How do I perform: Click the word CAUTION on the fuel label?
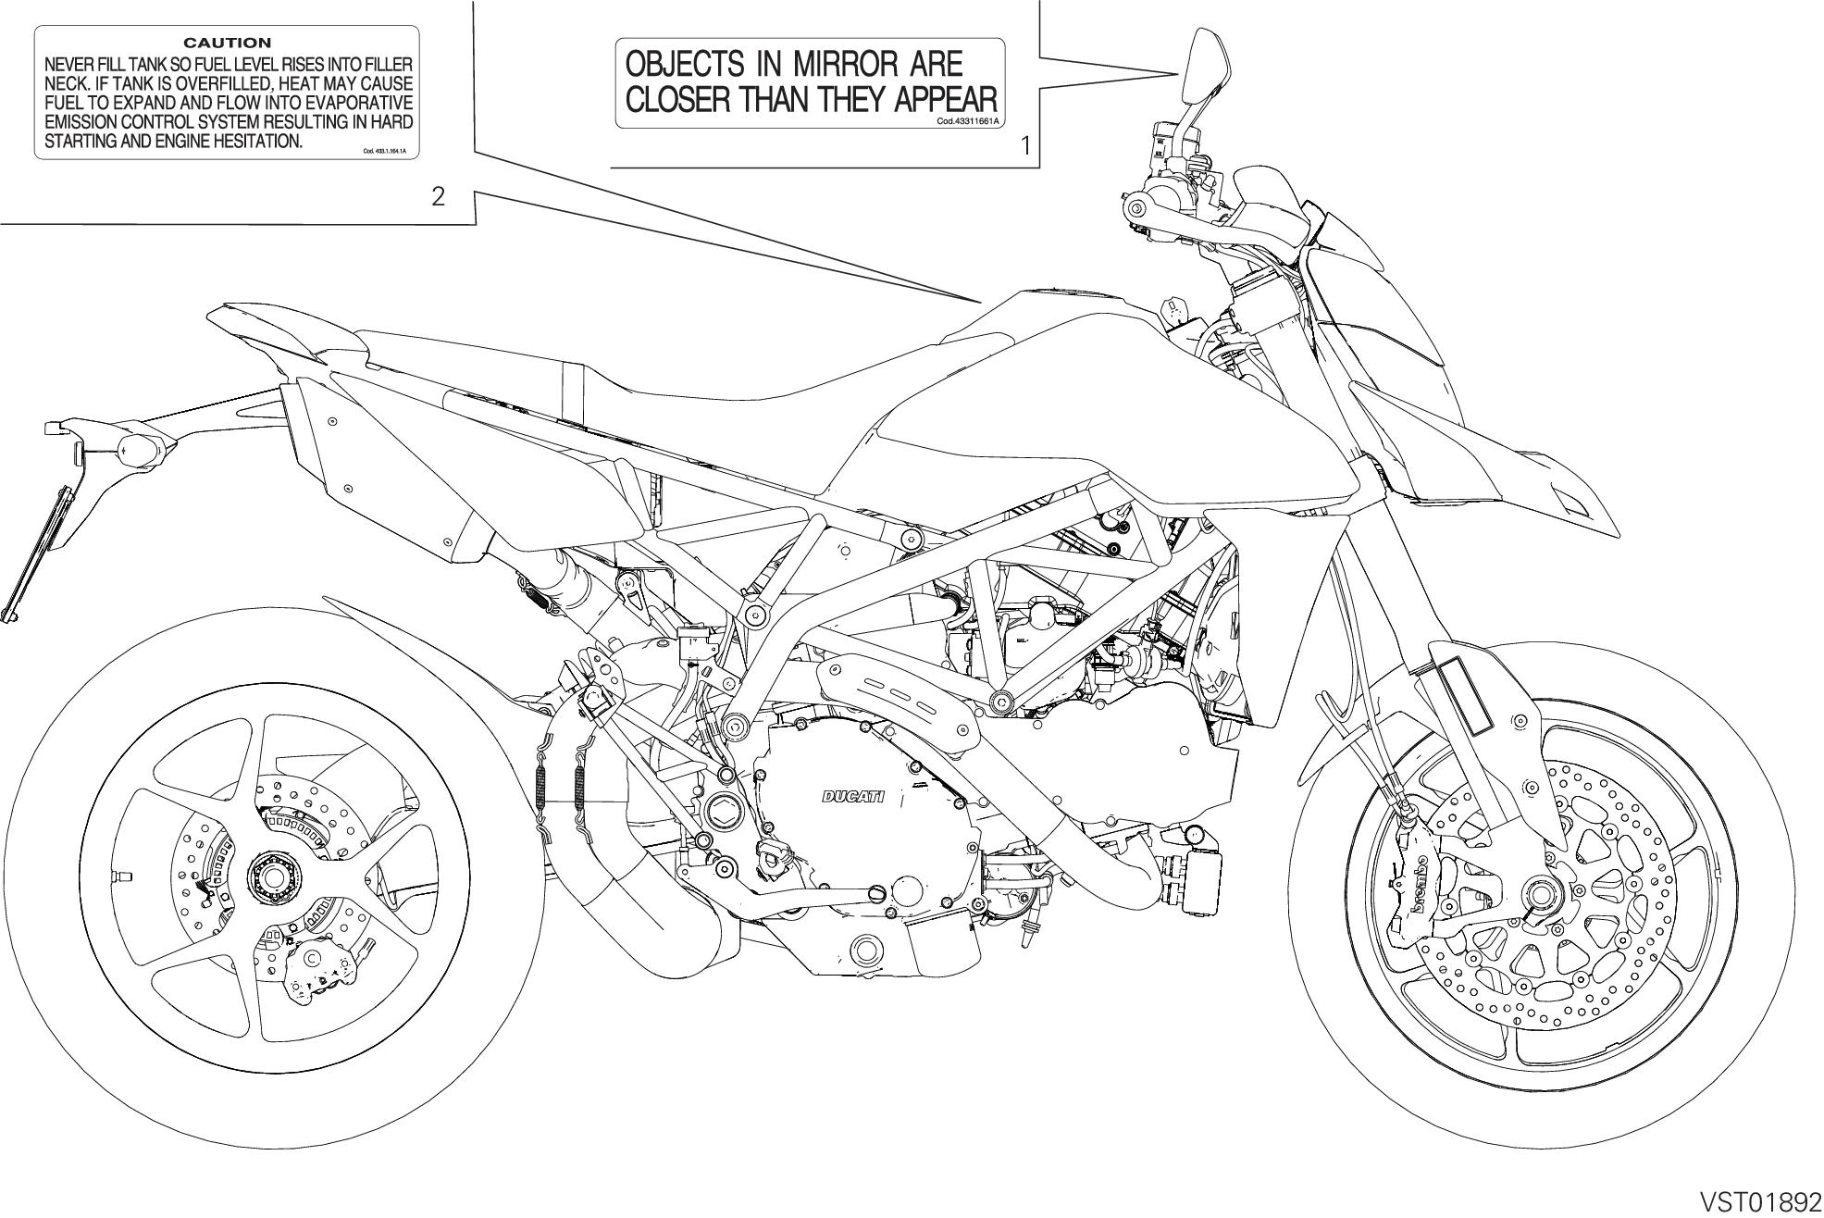(227, 43)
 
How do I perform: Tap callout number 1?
(1024, 145)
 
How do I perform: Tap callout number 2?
(438, 196)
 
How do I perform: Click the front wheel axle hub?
(1539, 896)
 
